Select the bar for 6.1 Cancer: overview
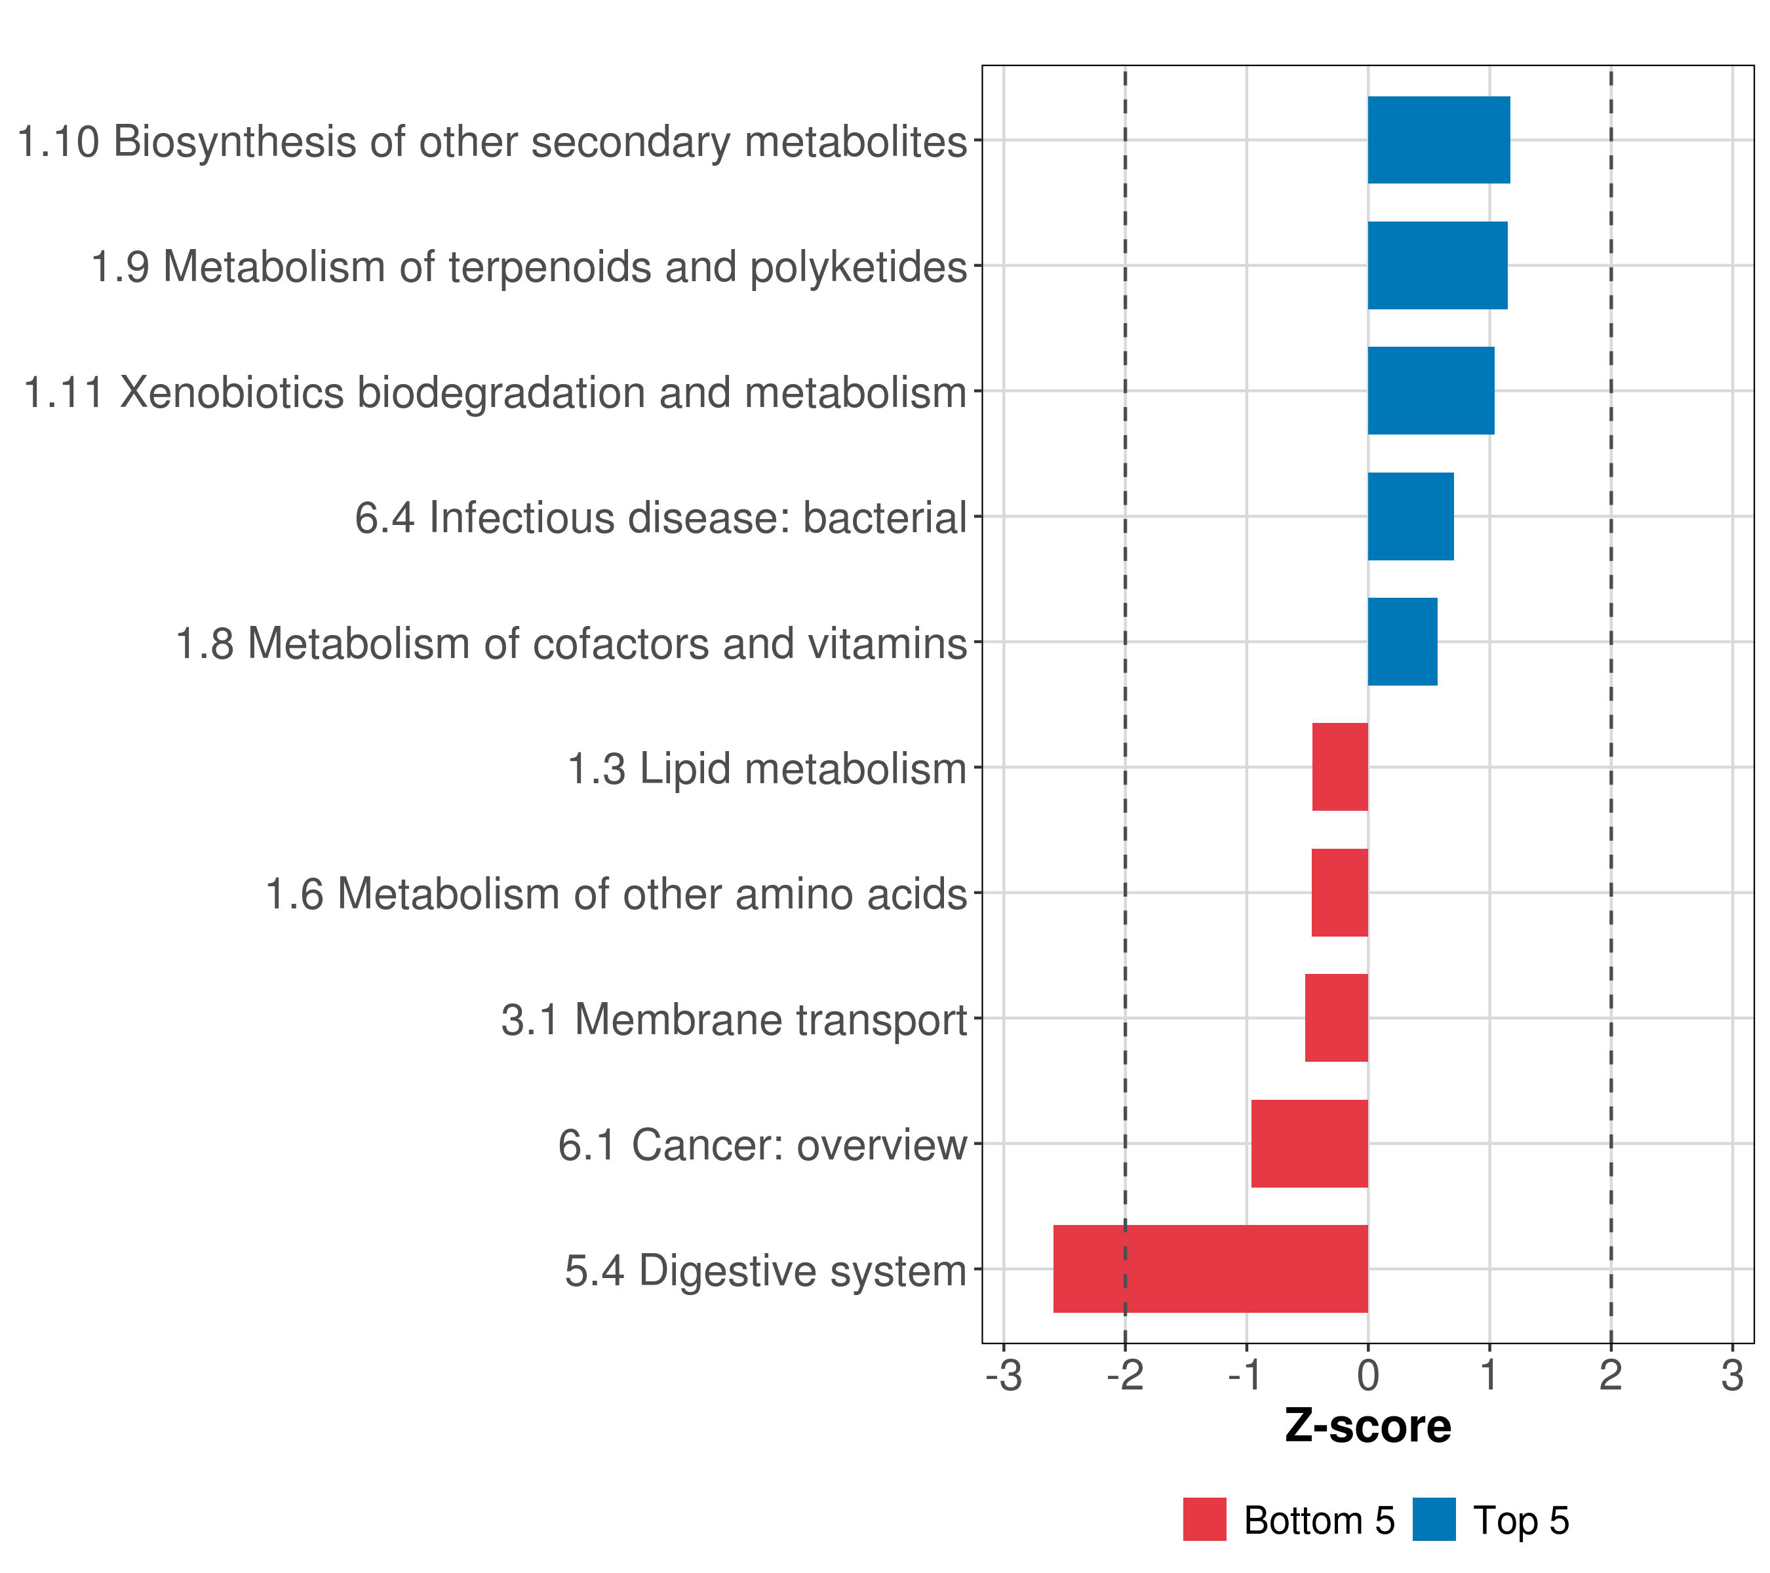1308,1143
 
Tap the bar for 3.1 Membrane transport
1335,1017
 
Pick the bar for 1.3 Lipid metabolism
1339,766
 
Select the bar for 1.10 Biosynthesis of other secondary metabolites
1438,140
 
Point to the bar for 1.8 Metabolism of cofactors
1402,642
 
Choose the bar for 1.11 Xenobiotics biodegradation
1430,391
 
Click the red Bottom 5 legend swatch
1204,1519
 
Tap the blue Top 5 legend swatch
1433,1519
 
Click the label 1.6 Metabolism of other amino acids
616,893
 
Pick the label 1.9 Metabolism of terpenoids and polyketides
528,267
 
